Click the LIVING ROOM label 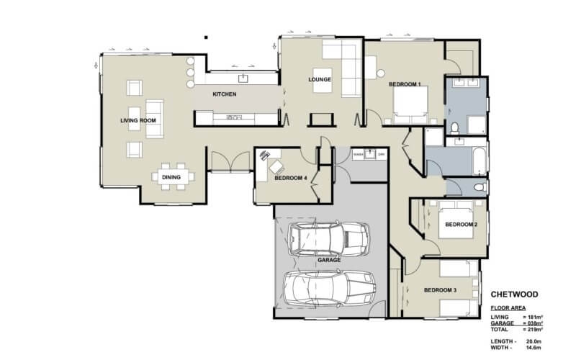tap(138, 120)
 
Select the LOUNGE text tap(319, 79)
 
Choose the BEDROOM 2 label tap(460, 225)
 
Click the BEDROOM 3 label tap(440, 290)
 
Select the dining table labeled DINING tap(171, 176)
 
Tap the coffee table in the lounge tap(379, 69)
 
